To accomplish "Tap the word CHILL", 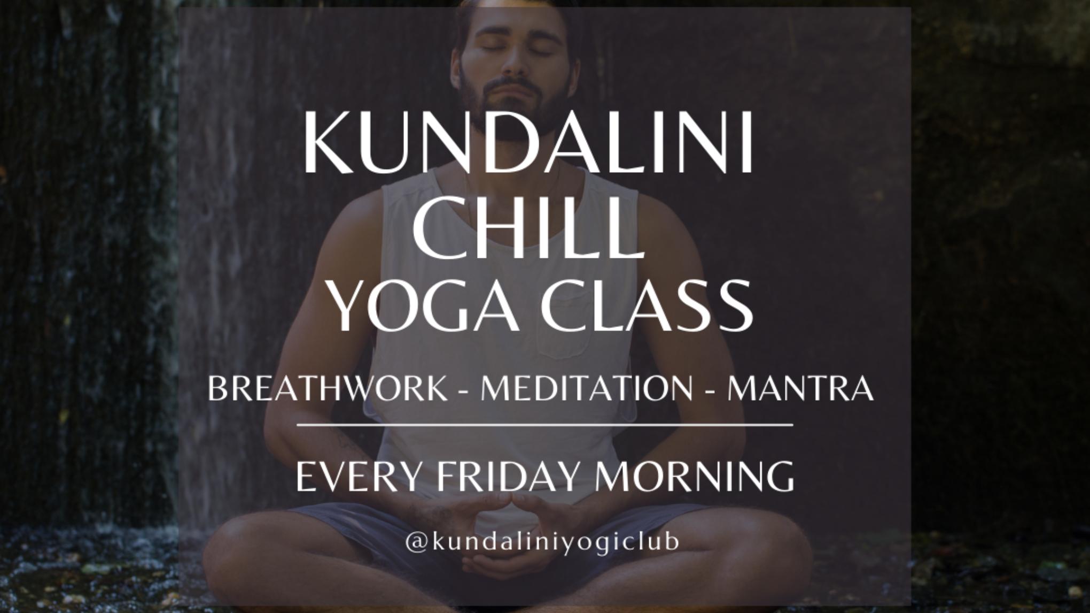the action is pos(527,227).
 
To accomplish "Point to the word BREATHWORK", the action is pos(328,388).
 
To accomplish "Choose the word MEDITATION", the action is pos(587,388).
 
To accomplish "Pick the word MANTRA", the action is pos(800,388).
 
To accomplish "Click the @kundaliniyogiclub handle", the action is pos(542,541).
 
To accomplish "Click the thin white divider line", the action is pos(544,425).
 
